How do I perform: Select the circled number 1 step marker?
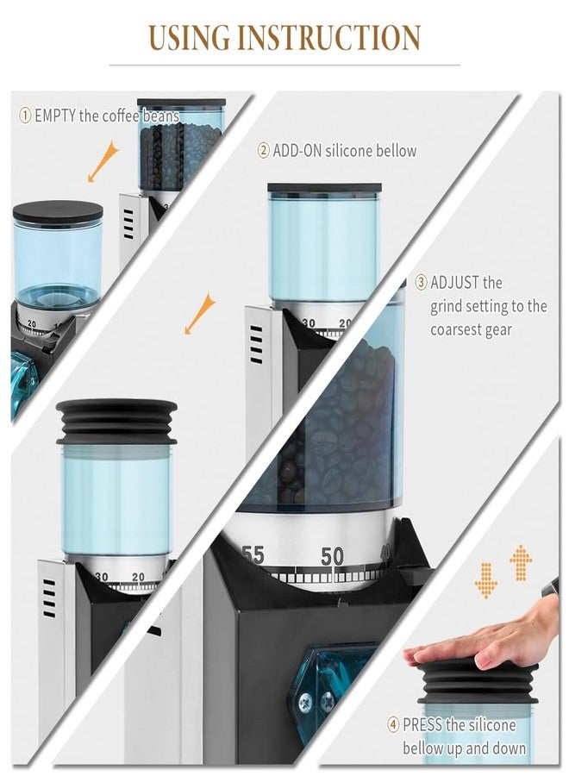pos(26,116)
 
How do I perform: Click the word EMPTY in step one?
pos(54,116)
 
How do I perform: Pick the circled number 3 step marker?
pos(421,282)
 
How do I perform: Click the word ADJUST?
pos(456,282)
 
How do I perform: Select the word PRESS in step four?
pos(422,725)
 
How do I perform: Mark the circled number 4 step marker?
pos(393,725)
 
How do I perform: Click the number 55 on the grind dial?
pos(253,554)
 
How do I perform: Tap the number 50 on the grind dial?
pos(332,557)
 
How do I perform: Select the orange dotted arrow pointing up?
pos(521,562)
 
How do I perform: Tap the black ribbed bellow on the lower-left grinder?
pos(116,422)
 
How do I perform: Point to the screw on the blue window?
pos(306,704)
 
